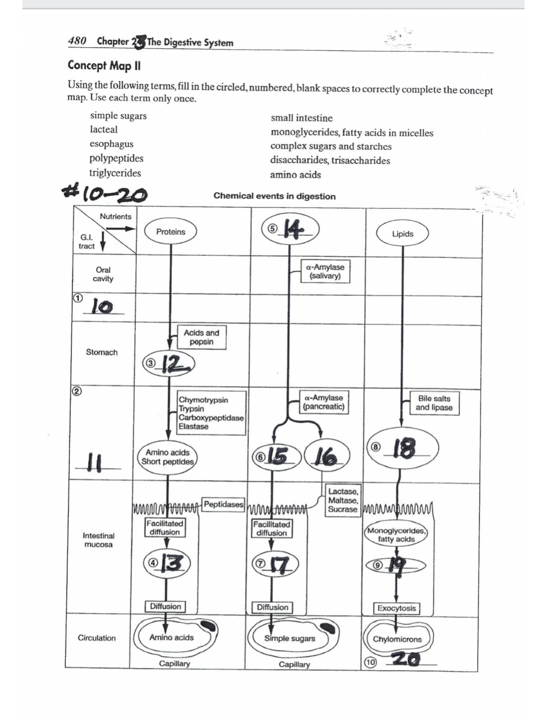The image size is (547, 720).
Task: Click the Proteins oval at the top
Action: pyautogui.click(x=171, y=232)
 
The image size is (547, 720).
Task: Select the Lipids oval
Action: pyautogui.click(x=403, y=234)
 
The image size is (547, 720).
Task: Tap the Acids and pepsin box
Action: pyautogui.click(x=202, y=338)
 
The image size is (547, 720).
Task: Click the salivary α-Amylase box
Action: pyautogui.click(x=325, y=272)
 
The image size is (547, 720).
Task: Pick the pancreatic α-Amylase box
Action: pyautogui.click(x=324, y=402)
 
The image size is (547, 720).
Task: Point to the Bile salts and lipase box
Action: pyautogui.click(x=434, y=403)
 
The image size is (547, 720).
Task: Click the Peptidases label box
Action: pyautogui.click(x=223, y=504)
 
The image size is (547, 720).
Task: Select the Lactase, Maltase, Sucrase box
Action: pyautogui.click(x=343, y=500)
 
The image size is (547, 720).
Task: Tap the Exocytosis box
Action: pyautogui.click(x=396, y=608)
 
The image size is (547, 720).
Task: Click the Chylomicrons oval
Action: pyautogui.click(x=397, y=639)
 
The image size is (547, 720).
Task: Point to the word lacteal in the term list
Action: pyautogui.click(x=104, y=130)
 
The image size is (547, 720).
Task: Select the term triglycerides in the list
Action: pyautogui.click(x=115, y=173)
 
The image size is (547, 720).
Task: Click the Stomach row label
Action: pyautogui.click(x=101, y=353)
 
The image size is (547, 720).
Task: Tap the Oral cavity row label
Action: pyautogui.click(x=103, y=274)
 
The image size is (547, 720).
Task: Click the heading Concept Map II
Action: pyautogui.click(x=104, y=66)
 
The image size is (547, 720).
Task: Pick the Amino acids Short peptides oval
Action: pyautogui.click(x=167, y=457)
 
